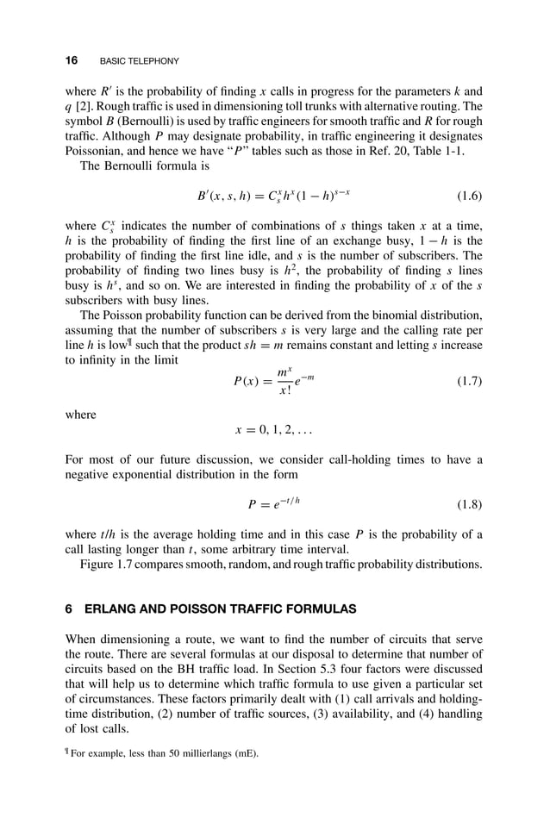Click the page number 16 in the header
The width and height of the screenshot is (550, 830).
click(72, 60)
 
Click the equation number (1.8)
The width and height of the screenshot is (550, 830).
click(466, 504)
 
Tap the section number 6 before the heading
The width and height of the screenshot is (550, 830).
click(69, 608)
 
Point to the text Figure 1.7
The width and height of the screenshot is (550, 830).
click(110, 565)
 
